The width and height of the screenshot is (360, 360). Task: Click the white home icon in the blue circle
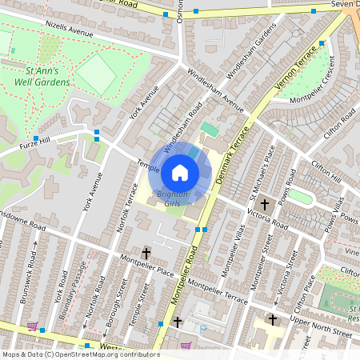tap(180, 172)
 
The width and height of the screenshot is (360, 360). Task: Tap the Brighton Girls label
tap(172, 199)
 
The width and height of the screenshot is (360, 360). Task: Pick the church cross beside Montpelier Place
tap(146, 254)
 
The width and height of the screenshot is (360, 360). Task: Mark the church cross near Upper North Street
tap(272, 320)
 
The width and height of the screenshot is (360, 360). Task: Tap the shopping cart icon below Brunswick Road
tap(32, 326)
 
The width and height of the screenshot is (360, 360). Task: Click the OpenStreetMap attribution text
tap(80, 354)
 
